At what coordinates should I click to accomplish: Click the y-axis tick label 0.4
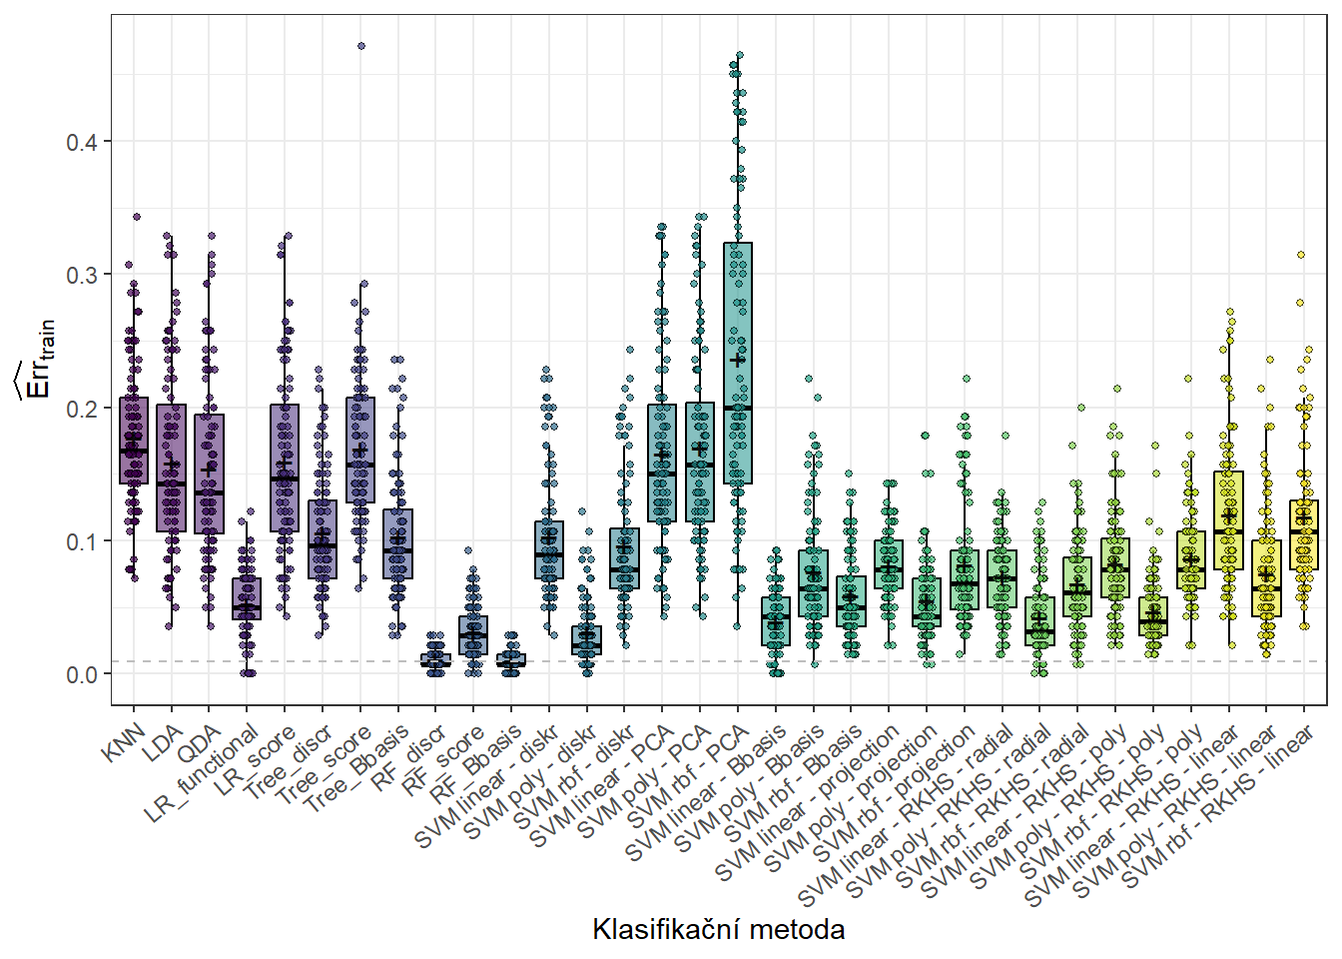pos(81,142)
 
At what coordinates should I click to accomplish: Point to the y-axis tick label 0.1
pos(81,541)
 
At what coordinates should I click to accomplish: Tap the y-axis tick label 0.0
pos(81,675)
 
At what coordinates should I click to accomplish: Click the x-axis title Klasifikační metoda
pos(718,930)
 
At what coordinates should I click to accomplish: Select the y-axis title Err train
pos(38,360)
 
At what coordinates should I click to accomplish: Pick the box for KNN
pos(134,441)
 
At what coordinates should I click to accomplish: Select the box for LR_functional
pos(247,598)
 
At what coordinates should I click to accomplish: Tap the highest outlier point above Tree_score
pos(361,46)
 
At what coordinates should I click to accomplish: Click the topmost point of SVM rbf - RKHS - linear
pos(1301,255)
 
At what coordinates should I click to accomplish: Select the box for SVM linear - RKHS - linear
pos(1228,520)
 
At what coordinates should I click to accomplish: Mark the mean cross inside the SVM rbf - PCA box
pos(738,361)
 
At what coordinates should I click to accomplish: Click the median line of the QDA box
pos(209,492)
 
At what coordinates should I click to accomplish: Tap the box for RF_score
pos(473,635)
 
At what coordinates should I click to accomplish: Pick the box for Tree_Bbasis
pos(397,543)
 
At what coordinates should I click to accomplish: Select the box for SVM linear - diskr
pos(549,549)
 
